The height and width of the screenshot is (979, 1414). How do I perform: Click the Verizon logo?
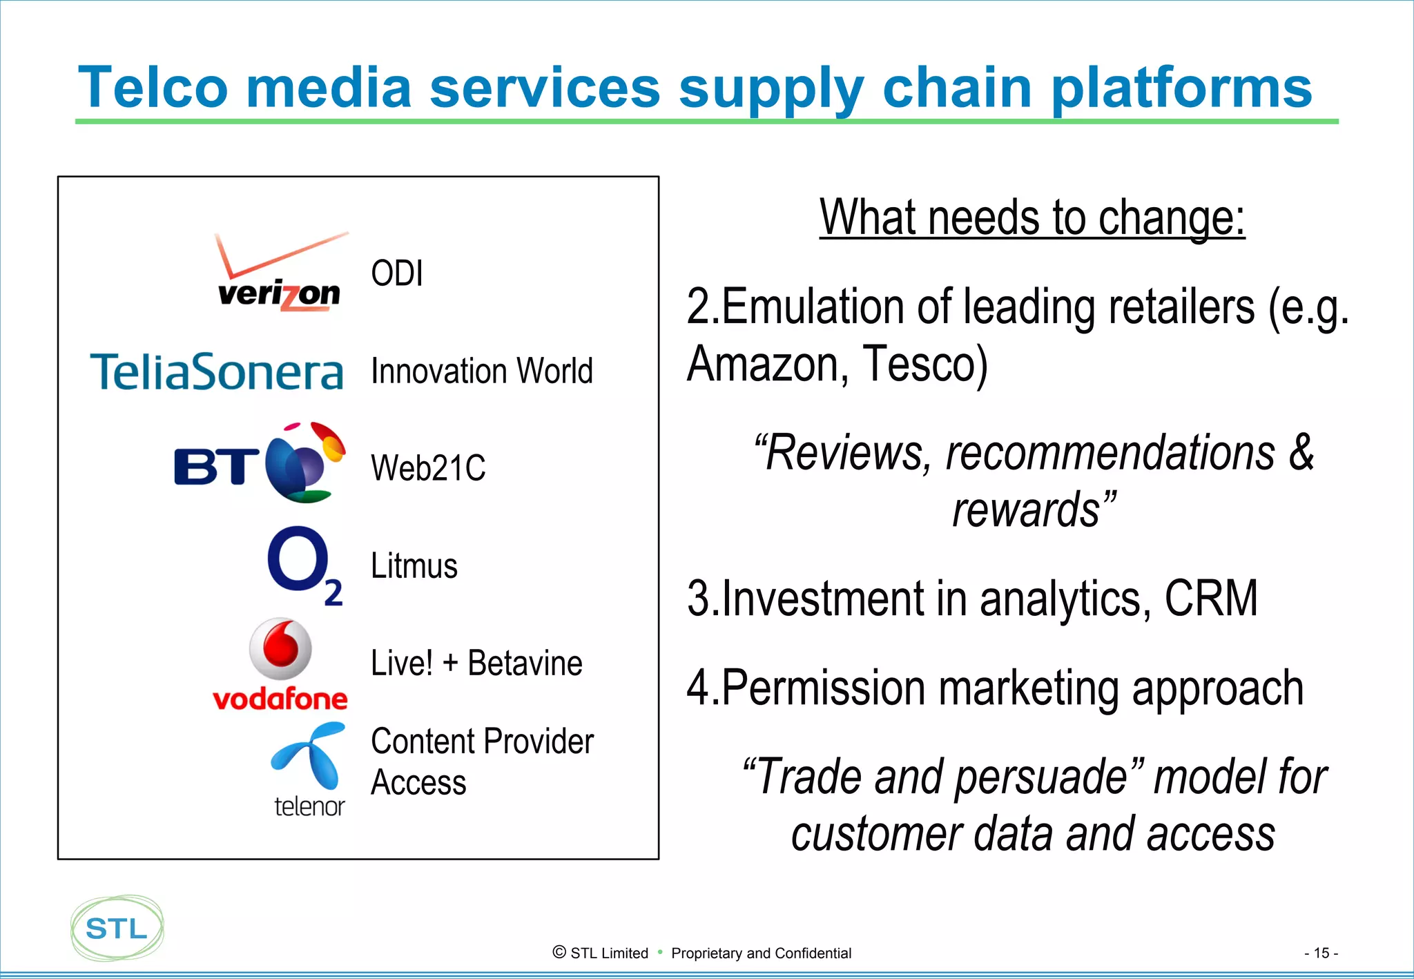(x=280, y=273)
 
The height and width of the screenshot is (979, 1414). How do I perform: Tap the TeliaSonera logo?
(x=216, y=371)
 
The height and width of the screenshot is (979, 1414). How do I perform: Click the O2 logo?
(x=304, y=565)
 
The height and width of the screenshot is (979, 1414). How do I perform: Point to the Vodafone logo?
(x=280, y=664)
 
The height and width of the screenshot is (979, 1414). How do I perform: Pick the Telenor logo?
(x=309, y=770)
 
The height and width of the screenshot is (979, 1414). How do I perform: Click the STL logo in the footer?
(x=117, y=928)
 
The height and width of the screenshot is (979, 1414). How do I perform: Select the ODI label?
(x=396, y=273)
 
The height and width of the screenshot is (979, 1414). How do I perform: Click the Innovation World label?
(x=481, y=371)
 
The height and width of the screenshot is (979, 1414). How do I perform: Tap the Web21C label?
(x=428, y=468)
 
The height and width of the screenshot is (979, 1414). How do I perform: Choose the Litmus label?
(x=414, y=566)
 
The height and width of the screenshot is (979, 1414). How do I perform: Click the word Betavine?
(x=525, y=663)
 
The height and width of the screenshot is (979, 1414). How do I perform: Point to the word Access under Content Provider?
(x=418, y=783)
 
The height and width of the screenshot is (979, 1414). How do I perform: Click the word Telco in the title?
(x=153, y=88)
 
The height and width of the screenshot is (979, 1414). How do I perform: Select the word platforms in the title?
(x=1181, y=88)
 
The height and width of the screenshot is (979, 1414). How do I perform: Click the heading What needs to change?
(x=1032, y=217)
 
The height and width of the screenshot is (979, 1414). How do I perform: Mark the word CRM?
(x=1210, y=598)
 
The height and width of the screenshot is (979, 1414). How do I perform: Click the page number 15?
(x=1320, y=953)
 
